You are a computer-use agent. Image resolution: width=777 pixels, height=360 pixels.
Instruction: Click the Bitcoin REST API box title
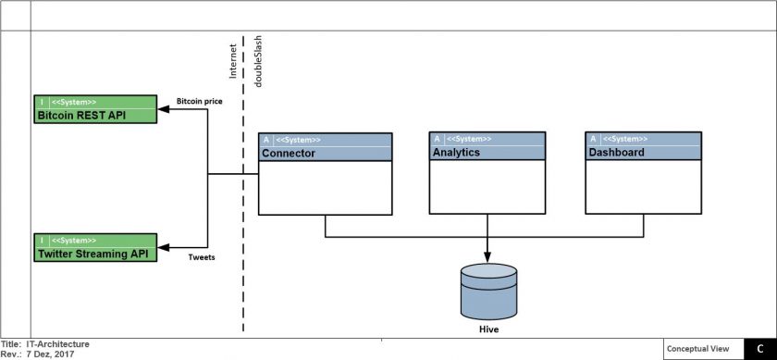coord(81,116)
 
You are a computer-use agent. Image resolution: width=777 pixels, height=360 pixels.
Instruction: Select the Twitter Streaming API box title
coord(93,254)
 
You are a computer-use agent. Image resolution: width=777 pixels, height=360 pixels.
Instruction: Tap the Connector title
coord(289,154)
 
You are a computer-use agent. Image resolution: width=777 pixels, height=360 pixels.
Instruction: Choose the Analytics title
coord(456,152)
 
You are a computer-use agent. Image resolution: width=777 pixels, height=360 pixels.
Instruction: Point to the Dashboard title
coord(616,152)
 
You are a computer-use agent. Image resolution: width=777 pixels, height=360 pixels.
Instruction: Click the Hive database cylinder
coord(488,292)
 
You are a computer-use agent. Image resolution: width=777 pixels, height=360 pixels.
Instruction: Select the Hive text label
coord(488,329)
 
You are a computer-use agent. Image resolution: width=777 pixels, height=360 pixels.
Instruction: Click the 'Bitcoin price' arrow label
coord(199,101)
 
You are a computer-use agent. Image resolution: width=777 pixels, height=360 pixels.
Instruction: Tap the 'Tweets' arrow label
coord(202,257)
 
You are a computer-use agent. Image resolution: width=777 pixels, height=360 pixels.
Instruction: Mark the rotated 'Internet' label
coord(233,61)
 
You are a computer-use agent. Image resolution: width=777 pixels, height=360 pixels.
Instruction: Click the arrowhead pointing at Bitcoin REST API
coord(163,109)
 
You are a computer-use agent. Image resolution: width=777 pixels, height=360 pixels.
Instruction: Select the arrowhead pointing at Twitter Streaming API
coord(163,247)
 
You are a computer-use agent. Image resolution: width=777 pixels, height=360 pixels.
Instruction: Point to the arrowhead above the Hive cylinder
coord(487,257)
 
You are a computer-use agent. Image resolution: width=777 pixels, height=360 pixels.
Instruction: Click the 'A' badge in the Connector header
coord(266,140)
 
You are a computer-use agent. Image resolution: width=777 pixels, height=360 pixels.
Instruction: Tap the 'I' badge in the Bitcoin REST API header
coord(42,102)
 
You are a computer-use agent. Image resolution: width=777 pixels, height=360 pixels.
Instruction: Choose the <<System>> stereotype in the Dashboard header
coord(625,139)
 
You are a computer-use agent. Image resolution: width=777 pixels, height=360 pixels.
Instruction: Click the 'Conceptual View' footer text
coord(704,349)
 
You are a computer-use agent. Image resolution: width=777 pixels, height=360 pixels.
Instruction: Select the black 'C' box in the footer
coord(760,349)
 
